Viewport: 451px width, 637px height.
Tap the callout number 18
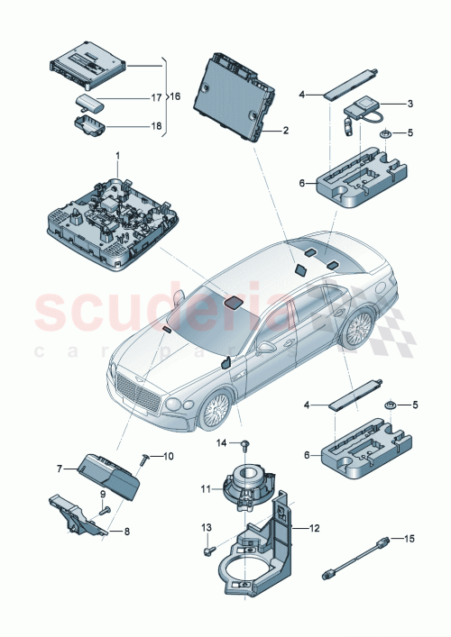(x=156, y=127)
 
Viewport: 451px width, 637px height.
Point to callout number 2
(x=285, y=131)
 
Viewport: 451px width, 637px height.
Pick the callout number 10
(x=168, y=457)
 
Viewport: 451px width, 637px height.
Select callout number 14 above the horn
(x=218, y=442)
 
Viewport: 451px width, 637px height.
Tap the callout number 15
(x=411, y=539)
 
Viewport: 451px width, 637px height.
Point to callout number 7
(x=60, y=469)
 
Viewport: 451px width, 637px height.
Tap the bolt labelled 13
(x=208, y=544)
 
